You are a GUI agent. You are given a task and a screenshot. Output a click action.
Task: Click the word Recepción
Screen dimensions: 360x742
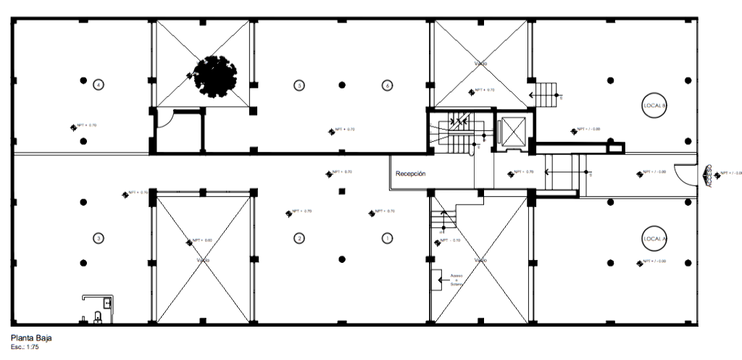(410, 174)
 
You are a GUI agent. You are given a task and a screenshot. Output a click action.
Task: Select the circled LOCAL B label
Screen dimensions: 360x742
(654, 106)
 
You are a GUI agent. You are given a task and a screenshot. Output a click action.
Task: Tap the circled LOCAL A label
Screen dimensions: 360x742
(654, 238)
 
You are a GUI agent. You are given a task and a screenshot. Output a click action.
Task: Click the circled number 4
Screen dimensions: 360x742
(99, 85)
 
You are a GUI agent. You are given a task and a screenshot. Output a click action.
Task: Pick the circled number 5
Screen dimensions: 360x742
(299, 85)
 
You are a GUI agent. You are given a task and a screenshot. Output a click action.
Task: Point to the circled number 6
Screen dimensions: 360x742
(387, 85)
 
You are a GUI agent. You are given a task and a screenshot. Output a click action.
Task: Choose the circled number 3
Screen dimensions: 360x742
(99, 238)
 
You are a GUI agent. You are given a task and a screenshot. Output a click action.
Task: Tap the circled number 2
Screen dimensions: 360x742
(299, 238)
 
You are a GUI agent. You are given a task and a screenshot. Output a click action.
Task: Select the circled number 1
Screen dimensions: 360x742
(387, 238)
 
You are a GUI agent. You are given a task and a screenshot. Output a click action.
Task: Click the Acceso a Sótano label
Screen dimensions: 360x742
(457, 280)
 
